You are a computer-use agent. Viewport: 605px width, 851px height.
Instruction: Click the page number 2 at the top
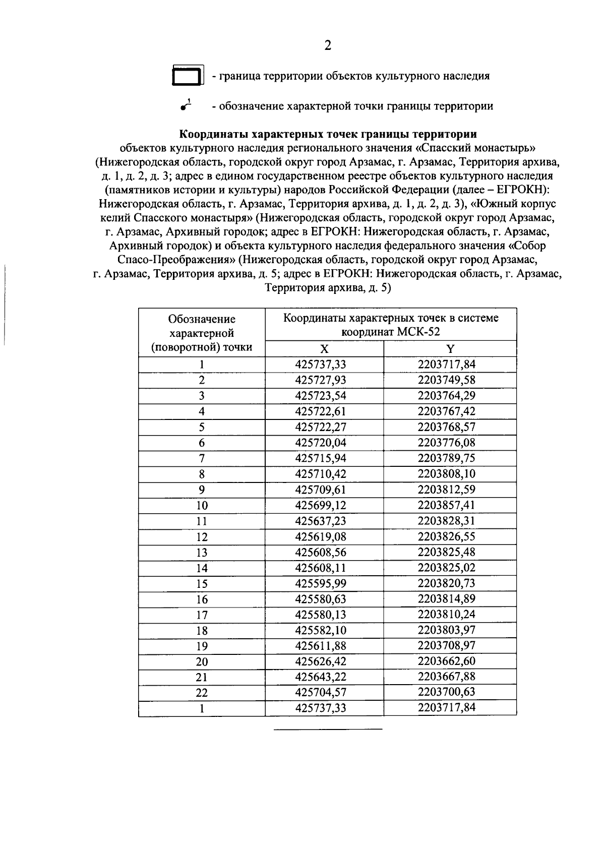tap(328, 46)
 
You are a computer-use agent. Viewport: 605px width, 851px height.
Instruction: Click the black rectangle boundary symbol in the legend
tap(188, 76)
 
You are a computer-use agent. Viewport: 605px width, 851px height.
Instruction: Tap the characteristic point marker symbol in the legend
tap(186, 105)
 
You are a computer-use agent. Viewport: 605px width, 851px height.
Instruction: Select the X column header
tap(324, 349)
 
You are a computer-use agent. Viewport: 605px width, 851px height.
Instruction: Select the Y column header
tap(450, 349)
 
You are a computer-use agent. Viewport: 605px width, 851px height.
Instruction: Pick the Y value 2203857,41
tap(446, 505)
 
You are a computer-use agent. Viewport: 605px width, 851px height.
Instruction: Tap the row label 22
tap(202, 693)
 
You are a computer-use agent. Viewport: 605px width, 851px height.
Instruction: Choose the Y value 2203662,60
tap(446, 661)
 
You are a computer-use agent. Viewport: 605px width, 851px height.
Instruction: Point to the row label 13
tap(202, 553)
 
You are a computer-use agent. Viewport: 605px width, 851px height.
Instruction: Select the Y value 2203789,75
tap(446, 458)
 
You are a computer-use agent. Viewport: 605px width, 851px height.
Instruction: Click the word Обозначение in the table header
tap(202, 319)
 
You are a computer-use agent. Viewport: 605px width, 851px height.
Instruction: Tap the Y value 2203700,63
tap(446, 692)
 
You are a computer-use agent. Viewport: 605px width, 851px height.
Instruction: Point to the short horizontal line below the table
tap(328, 729)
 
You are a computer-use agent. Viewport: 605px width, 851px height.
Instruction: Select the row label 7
tap(202, 458)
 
